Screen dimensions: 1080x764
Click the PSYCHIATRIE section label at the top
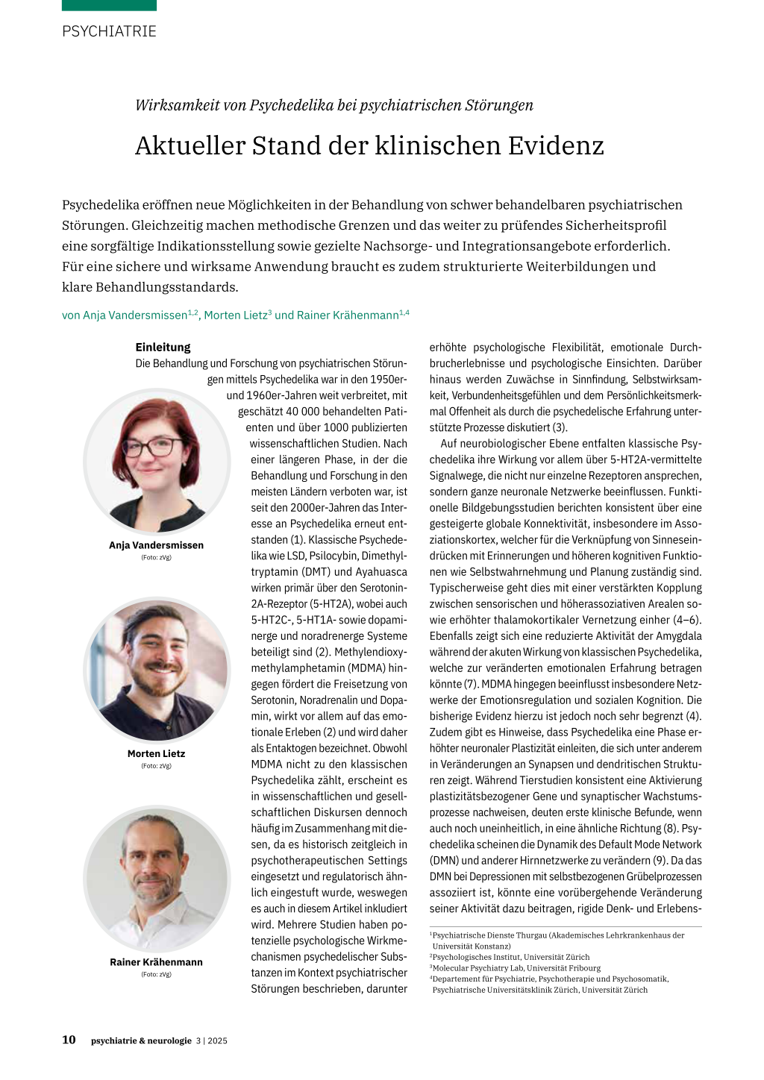pyautogui.click(x=109, y=31)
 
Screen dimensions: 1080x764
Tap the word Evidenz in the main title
pyautogui.click(x=556, y=145)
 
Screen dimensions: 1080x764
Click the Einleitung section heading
pyautogui.click(x=163, y=347)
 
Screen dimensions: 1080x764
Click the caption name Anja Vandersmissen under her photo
pyautogui.click(x=156, y=545)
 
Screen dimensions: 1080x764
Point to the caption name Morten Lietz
pyautogui.click(x=156, y=753)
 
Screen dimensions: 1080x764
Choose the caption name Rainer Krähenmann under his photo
pyautogui.click(x=156, y=962)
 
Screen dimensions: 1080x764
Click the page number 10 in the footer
pyautogui.click(x=69, y=1040)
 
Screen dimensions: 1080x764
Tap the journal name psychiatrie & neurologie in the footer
pyautogui.click(x=141, y=1040)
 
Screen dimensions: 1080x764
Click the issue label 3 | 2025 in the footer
pyautogui.click(x=211, y=1040)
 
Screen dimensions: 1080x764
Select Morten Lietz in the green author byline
pyautogui.click(x=235, y=315)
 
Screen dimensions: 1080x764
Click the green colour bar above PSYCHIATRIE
pyautogui.click(x=109, y=5)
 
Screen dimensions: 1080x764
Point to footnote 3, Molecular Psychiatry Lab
pyautogui.click(x=516, y=968)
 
